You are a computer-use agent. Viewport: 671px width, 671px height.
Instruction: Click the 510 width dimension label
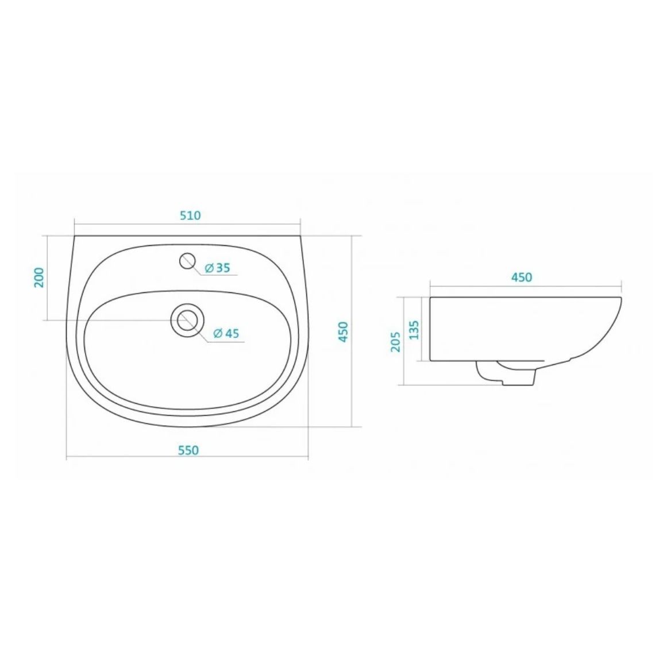(x=190, y=215)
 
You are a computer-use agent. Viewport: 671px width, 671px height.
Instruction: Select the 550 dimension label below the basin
(x=188, y=450)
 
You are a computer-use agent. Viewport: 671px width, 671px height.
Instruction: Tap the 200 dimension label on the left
(x=39, y=277)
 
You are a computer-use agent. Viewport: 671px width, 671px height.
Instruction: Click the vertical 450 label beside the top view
(x=344, y=331)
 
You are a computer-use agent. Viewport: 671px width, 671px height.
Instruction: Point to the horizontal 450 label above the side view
(x=522, y=277)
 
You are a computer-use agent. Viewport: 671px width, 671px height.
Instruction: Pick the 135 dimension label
(x=414, y=330)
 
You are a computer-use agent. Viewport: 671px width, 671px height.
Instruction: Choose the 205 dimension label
(x=395, y=341)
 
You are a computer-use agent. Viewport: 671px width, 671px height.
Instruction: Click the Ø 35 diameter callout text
(x=217, y=268)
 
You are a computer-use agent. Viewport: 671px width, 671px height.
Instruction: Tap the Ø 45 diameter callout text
(x=226, y=333)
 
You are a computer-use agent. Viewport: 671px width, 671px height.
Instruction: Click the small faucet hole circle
(x=187, y=261)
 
